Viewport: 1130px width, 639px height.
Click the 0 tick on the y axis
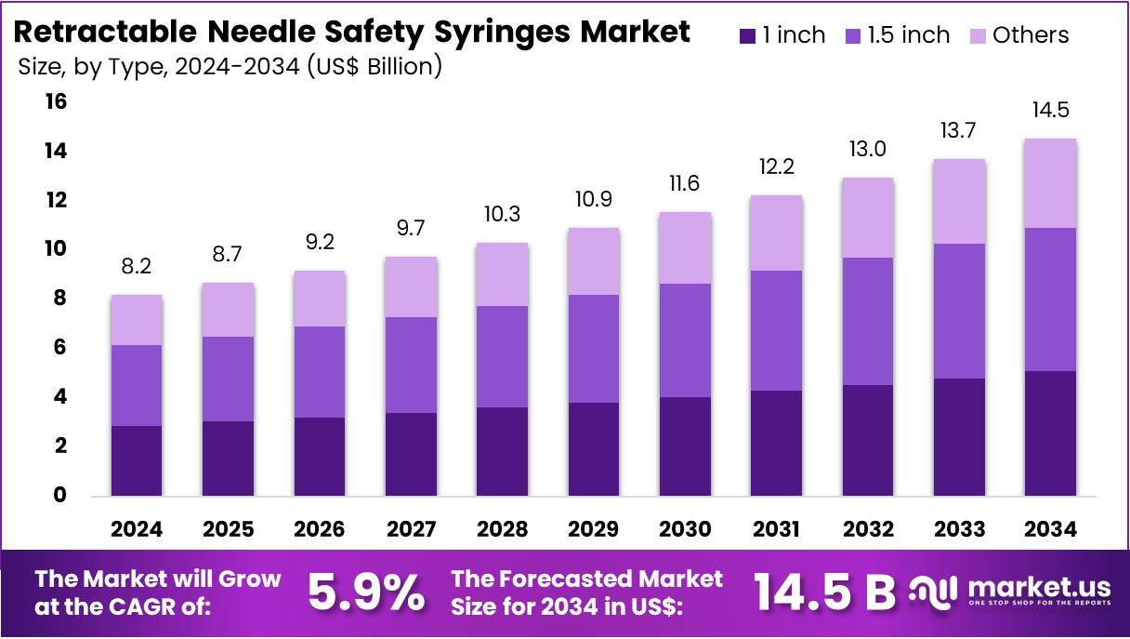coord(61,496)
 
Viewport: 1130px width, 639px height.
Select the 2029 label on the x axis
coord(593,529)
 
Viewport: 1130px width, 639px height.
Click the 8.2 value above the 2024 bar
coord(136,267)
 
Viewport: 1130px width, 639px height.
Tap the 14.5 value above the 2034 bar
coord(1050,110)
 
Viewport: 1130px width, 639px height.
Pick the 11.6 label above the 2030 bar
coord(684,183)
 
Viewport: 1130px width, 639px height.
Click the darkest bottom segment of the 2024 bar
coord(137,460)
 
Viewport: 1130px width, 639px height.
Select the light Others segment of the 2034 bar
coord(1050,183)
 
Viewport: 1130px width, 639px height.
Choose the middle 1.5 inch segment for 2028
coord(502,356)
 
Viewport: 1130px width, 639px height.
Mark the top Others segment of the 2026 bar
coord(319,299)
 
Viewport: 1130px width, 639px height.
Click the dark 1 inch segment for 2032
coord(867,440)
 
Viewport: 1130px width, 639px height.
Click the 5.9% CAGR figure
coord(366,592)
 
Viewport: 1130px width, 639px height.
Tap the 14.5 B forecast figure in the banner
coord(823,592)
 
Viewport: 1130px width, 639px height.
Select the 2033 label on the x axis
coord(959,529)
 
